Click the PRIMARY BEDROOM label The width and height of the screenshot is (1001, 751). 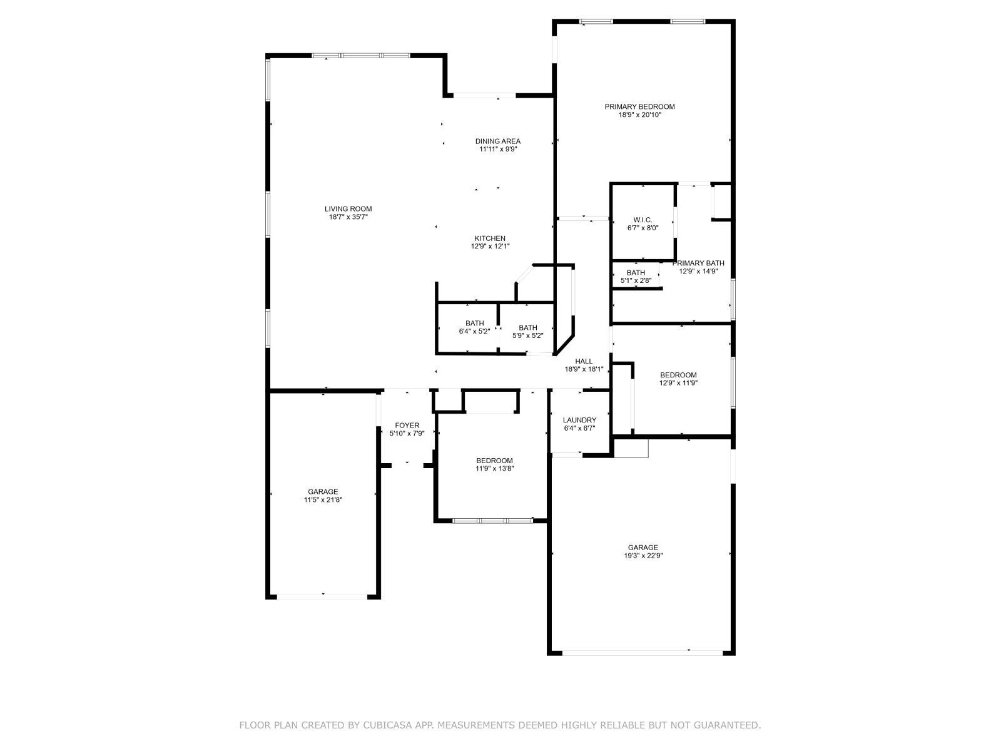point(639,107)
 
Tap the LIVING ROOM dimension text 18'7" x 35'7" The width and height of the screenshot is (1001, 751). point(348,217)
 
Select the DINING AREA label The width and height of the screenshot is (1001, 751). point(497,141)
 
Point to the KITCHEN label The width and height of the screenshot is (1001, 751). point(490,238)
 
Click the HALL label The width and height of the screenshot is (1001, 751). point(584,361)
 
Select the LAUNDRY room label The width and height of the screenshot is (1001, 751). point(579,420)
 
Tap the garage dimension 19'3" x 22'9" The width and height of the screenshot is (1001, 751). point(643,555)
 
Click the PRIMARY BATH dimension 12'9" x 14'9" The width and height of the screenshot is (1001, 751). point(698,272)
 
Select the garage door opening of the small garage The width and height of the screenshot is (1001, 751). point(322,596)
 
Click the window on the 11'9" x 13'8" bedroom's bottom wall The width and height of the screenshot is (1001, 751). point(492,520)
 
